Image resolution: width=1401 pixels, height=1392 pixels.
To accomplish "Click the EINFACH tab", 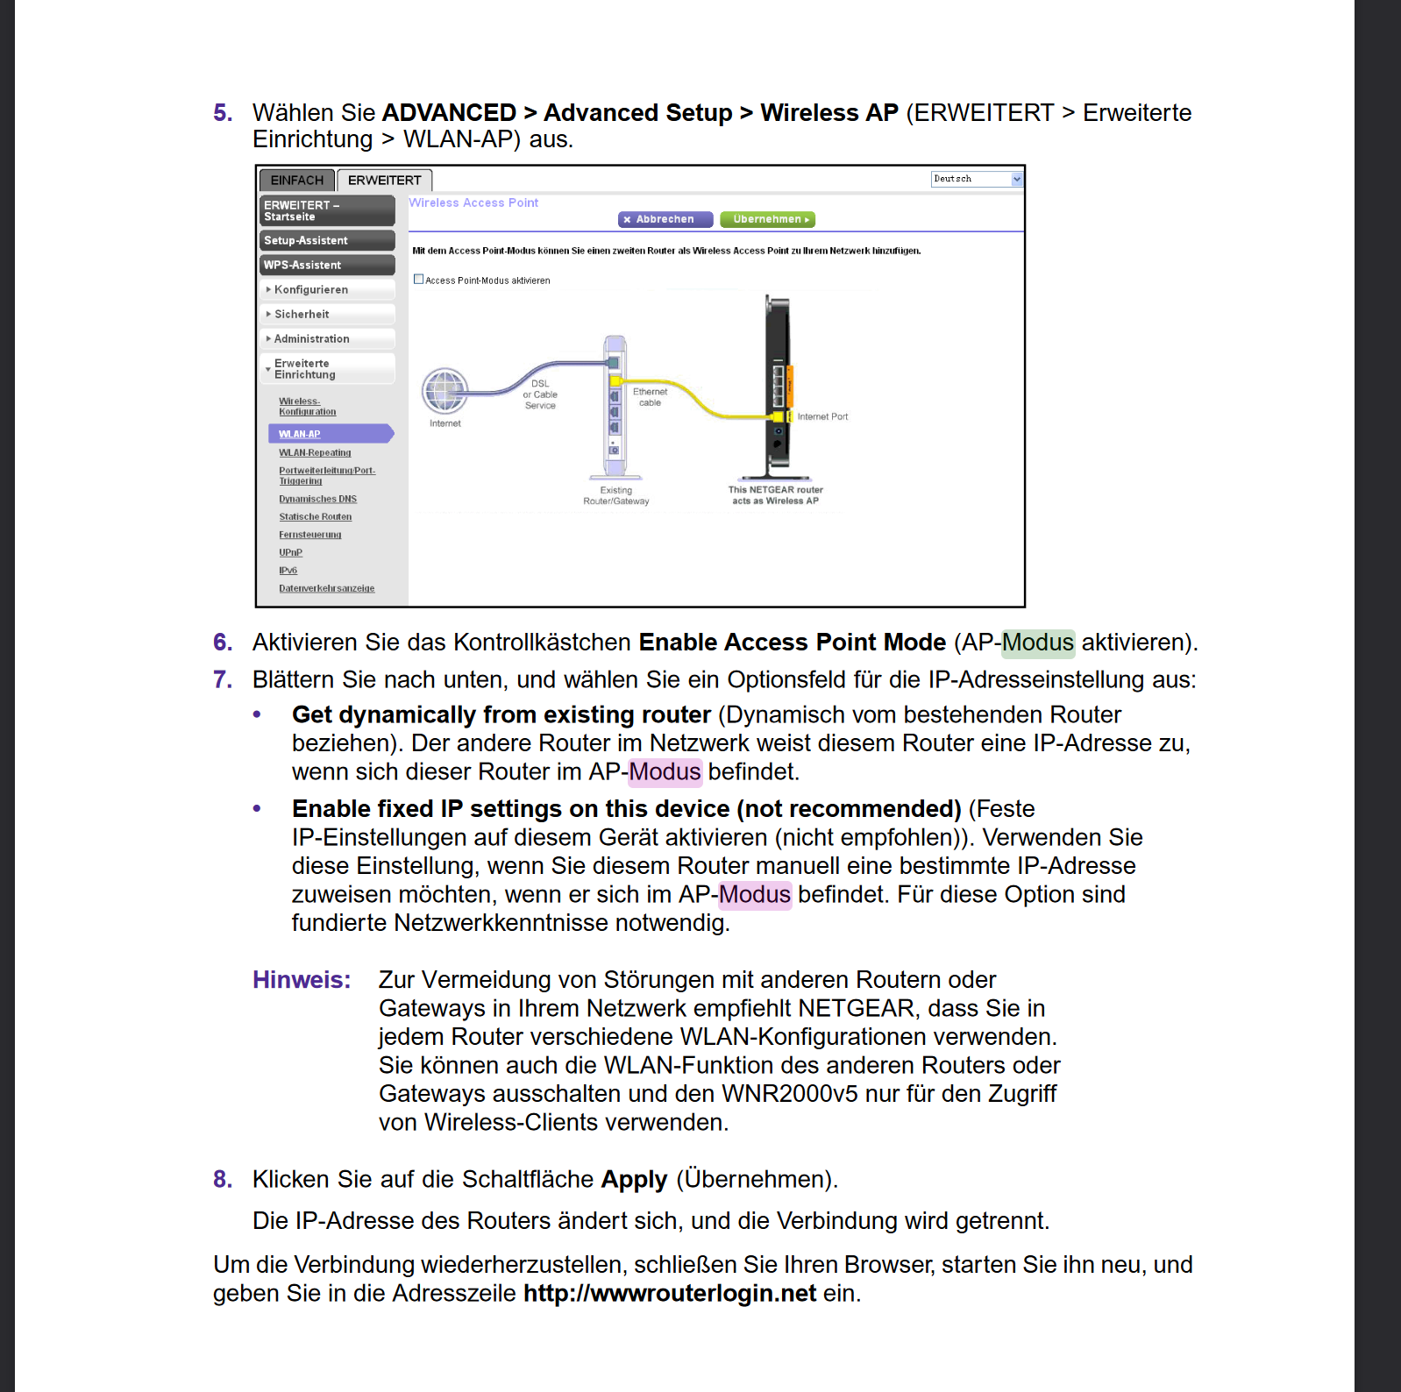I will (x=296, y=181).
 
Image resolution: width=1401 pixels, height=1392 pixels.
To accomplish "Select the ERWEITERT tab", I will (x=384, y=181).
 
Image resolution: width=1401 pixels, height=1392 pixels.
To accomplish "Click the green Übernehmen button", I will (x=767, y=219).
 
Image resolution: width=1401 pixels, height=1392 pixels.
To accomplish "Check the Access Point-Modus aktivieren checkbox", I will (x=419, y=280).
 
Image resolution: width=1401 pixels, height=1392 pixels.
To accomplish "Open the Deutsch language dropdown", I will (x=977, y=179).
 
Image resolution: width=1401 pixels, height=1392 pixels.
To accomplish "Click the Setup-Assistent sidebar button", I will (x=327, y=240).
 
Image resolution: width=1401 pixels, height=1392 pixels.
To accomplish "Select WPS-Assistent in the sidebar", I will (x=327, y=265).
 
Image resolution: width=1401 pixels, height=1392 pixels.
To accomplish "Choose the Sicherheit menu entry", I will (x=302, y=314).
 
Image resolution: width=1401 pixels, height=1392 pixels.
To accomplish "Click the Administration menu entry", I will (x=311, y=338).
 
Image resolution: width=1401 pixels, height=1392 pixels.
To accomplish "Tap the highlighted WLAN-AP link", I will (x=300, y=434).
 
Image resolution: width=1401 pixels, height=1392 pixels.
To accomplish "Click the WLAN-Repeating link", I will (x=315, y=453).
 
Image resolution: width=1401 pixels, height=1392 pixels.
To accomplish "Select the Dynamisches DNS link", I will (x=317, y=499).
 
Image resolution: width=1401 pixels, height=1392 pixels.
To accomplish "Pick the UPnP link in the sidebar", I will (x=290, y=552).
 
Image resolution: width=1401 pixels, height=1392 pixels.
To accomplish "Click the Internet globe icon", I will (x=444, y=391).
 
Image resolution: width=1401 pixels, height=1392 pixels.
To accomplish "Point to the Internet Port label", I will (x=822, y=416).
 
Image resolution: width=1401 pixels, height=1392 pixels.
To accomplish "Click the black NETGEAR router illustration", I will (x=778, y=386).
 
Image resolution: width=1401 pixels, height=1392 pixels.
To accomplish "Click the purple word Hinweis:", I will (x=302, y=980).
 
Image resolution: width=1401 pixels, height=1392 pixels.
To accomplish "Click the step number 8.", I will (x=223, y=1180).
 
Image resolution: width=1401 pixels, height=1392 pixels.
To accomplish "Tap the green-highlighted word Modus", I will (x=1038, y=643).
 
